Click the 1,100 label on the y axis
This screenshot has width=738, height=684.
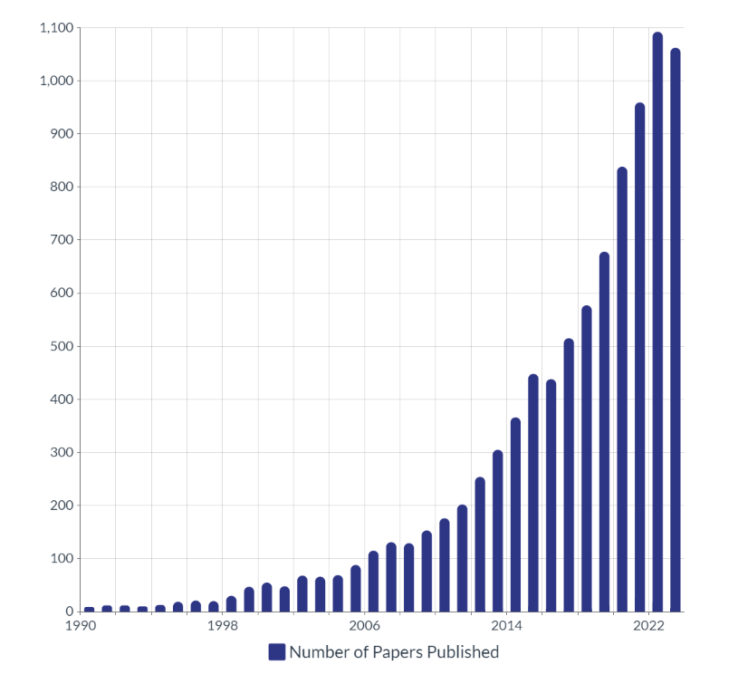55,28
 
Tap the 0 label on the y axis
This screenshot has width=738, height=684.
69,612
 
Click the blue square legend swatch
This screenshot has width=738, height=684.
277,652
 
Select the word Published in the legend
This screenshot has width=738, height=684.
465,652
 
